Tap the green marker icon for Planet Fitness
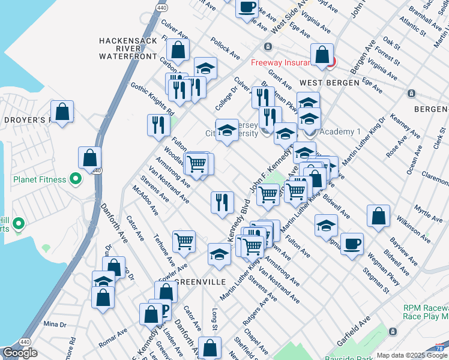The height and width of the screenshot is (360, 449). point(75,178)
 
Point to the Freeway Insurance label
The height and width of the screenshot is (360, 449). point(280,61)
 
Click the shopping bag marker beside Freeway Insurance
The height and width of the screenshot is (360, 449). point(322,55)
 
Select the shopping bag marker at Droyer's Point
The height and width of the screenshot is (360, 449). point(62,111)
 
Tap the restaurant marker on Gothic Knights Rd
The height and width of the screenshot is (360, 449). point(157,125)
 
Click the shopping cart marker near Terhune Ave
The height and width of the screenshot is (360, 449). point(184,241)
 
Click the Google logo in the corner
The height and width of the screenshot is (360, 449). point(20,353)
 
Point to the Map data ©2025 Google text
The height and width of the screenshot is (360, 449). point(412,355)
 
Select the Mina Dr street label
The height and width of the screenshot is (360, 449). point(55,325)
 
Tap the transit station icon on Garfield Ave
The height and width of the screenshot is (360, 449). point(393,331)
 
